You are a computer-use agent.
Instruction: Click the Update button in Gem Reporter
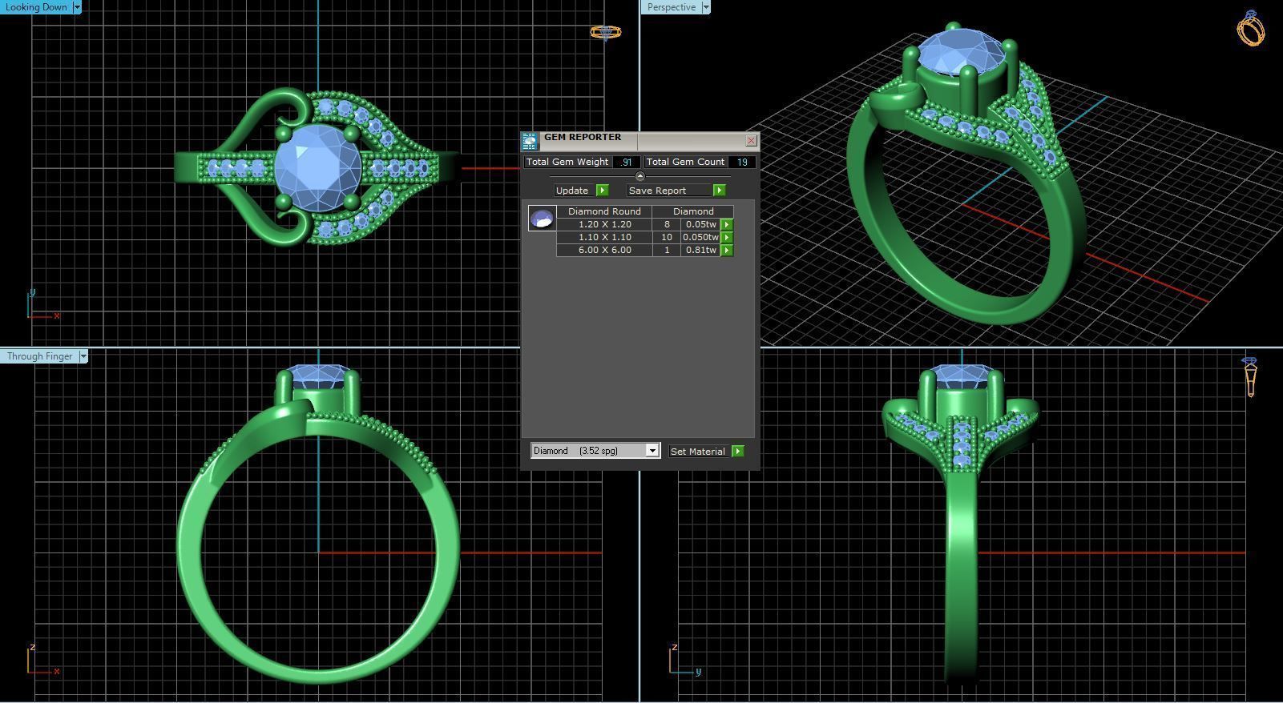tap(572, 191)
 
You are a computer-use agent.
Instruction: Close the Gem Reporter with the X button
tap(751, 141)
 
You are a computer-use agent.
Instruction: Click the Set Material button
tap(698, 452)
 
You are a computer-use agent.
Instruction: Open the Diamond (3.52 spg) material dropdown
tap(652, 451)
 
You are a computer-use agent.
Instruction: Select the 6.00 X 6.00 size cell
tap(604, 250)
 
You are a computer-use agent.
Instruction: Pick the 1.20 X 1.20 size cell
tap(604, 224)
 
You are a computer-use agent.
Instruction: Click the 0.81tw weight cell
tap(700, 250)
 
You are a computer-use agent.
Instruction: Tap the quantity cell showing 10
tap(666, 237)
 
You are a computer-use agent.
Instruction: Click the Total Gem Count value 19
tap(742, 162)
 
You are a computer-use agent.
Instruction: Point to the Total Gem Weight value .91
tap(626, 162)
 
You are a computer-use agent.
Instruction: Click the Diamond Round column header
tap(604, 211)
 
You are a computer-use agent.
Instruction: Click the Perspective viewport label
tap(672, 7)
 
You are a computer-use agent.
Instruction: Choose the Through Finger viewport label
tap(40, 356)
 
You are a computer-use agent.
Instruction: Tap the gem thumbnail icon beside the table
tap(542, 218)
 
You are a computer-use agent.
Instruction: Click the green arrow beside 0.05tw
tap(727, 225)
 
